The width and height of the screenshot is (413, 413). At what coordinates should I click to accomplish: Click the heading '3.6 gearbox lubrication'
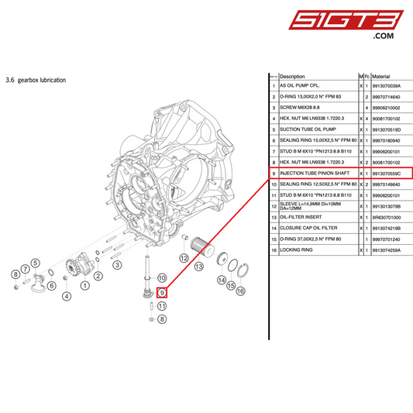click(x=36, y=80)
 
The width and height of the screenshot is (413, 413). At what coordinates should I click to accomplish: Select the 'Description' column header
click(x=292, y=77)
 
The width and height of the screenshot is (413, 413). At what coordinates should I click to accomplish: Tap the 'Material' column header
click(x=380, y=77)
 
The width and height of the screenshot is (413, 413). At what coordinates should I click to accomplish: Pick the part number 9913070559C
click(x=391, y=174)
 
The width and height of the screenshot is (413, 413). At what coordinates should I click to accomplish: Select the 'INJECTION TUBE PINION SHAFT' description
click(x=315, y=174)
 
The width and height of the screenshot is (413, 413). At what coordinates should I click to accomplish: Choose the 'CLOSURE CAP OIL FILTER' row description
click(x=309, y=229)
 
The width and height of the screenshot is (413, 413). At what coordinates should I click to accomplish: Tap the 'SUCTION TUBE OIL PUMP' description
click(x=308, y=130)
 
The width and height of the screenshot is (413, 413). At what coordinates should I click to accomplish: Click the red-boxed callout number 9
click(x=162, y=292)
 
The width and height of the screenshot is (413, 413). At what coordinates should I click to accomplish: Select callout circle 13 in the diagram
click(x=198, y=266)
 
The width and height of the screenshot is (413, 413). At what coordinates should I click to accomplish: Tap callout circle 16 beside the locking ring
click(x=240, y=290)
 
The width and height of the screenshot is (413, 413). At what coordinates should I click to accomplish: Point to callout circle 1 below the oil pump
click(x=84, y=287)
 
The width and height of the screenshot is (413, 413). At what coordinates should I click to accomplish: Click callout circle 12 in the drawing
click(x=184, y=257)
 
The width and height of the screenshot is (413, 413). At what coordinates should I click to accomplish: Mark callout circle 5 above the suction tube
click(x=36, y=263)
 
